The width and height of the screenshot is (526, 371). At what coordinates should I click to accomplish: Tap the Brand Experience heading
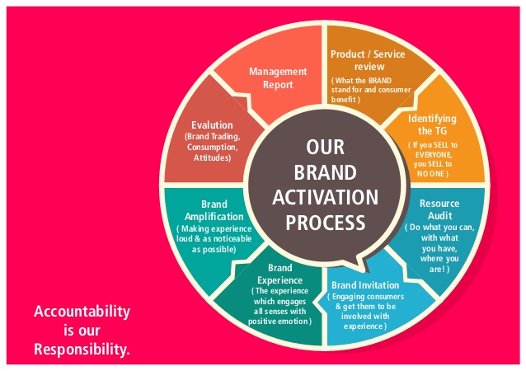(x=280, y=274)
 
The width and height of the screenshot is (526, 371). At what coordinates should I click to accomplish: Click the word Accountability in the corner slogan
(x=82, y=312)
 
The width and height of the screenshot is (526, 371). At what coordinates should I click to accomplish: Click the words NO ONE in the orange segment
(x=431, y=173)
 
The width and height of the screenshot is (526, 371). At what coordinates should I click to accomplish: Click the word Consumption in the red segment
(x=211, y=147)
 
